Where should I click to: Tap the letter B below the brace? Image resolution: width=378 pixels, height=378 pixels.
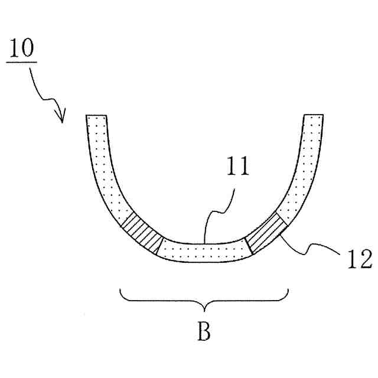coord(204,331)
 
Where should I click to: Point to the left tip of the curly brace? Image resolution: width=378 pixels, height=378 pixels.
coord(120,290)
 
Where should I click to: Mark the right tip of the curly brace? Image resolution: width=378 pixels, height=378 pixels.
coord(288,290)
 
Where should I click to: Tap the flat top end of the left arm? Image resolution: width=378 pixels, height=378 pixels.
coord(96,116)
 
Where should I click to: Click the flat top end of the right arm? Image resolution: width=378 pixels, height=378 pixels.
coord(313,115)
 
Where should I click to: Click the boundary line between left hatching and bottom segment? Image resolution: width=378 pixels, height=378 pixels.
coord(159,248)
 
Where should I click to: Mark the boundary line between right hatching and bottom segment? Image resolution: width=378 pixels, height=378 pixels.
coord(248,246)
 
